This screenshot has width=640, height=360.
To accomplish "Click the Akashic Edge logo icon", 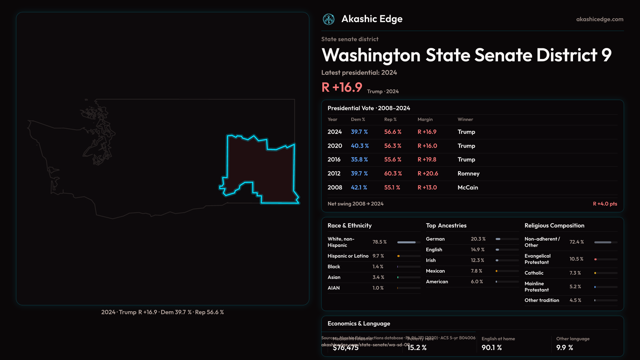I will click(x=329, y=19).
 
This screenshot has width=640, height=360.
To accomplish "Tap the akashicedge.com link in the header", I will click(x=600, y=19).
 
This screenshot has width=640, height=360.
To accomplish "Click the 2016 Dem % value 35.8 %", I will click(x=359, y=160).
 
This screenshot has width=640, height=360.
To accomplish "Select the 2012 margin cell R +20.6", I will click(x=428, y=174).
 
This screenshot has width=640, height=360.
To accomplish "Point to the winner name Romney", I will click(x=468, y=174).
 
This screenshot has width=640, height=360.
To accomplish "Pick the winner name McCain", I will click(x=468, y=188).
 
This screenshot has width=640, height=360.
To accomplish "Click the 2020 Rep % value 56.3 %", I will click(x=393, y=146).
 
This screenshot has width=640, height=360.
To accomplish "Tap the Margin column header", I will click(x=425, y=119).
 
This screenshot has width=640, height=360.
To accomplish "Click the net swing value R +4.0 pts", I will click(x=605, y=204).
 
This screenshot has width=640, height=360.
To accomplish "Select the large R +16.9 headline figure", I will click(x=342, y=87).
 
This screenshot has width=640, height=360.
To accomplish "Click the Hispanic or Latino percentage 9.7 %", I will click(x=378, y=256).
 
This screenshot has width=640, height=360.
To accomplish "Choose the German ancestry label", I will click(x=435, y=239).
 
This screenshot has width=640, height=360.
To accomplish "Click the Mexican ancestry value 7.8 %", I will click(x=476, y=271).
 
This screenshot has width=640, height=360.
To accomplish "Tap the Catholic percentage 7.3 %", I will click(x=575, y=273).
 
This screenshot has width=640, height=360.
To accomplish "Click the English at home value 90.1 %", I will click(x=491, y=348).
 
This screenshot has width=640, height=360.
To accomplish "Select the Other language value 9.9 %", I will click(x=564, y=348).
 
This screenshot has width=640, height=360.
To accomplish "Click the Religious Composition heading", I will click(x=554, y=226).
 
